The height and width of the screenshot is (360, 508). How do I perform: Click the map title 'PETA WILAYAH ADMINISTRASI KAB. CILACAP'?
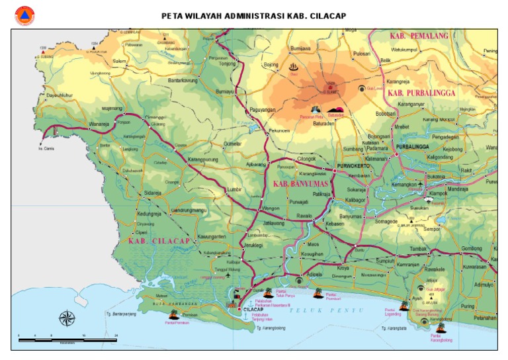253,15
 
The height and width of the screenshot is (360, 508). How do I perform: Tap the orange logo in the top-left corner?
24,15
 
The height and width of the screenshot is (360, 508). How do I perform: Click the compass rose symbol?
67,318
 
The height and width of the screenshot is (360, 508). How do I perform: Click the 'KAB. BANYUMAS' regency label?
302,183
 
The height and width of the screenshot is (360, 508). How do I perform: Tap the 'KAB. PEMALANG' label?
419,36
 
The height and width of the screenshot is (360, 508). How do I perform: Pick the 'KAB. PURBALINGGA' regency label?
421,93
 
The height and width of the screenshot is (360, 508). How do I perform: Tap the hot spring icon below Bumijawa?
294,67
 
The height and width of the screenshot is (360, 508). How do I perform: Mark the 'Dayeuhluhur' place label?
60,95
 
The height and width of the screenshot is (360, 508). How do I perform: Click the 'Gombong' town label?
472,248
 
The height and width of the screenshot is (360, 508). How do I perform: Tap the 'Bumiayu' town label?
226,91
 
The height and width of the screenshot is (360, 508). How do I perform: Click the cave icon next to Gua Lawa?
361,88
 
